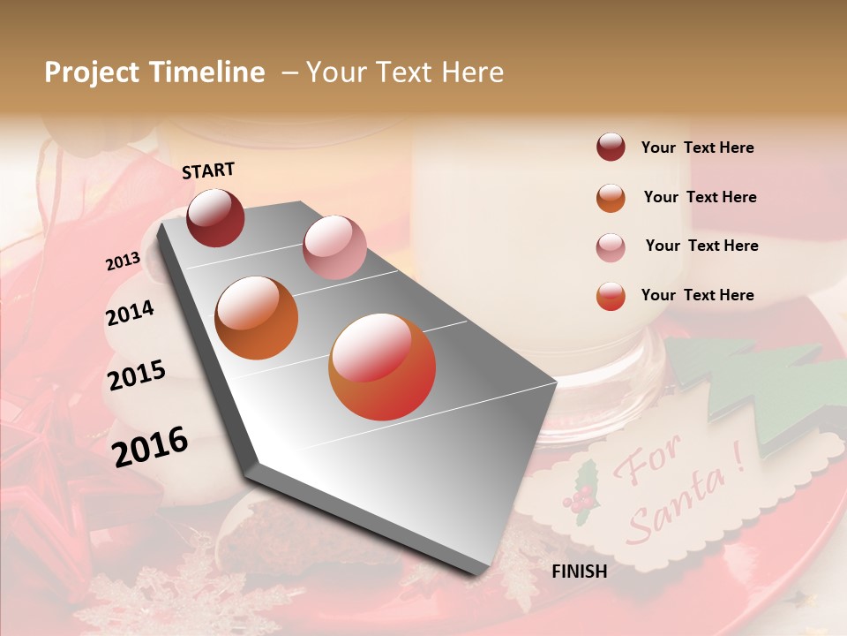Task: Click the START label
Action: [208, 170]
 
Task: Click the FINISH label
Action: [579, 572]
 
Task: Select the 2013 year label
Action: [123, 261]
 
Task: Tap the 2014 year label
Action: [130, 313]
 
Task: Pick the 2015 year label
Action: [137, 375]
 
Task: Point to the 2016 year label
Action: [150, 447]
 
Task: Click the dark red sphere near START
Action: [215, 217]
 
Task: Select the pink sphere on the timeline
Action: [334, 247]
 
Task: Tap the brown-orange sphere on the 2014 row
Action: [257, 318]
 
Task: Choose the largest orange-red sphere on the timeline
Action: [382, 367]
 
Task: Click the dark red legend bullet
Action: [611, 148]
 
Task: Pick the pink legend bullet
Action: [611, 246]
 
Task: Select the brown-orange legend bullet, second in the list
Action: [611, 198]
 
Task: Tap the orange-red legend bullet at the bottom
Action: [611, 296]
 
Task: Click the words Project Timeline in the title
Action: [154, 72]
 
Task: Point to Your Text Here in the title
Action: [405, 72]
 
